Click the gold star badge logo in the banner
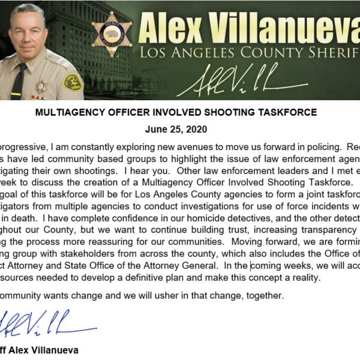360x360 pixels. click(112, 35)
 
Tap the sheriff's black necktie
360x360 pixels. click(18, 81)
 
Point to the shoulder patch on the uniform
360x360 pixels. click(72, 82)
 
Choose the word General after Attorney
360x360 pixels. click(197, 265)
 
